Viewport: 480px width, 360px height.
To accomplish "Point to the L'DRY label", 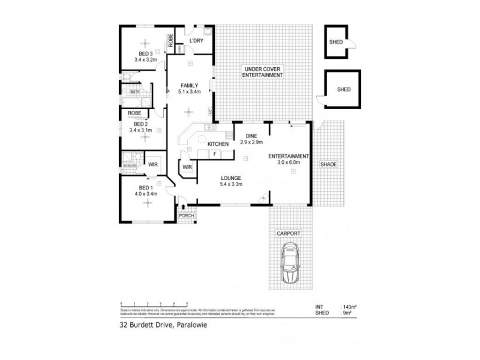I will tap(196, 41).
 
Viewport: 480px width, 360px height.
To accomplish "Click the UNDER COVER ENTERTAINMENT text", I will tap(262, 72).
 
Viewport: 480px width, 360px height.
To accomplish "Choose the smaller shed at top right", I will tap(336, 42).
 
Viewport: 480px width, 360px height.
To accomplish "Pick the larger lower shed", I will tap(343, 89).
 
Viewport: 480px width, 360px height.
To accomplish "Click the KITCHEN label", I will tap(217, 145).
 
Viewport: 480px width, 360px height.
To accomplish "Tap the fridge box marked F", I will tap(214, 154).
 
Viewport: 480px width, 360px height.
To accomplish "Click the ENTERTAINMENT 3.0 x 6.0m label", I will tap(289, 158).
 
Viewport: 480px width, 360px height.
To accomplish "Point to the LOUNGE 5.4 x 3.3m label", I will tap(230, 181).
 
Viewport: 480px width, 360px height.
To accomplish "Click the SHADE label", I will tap(328, 164).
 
